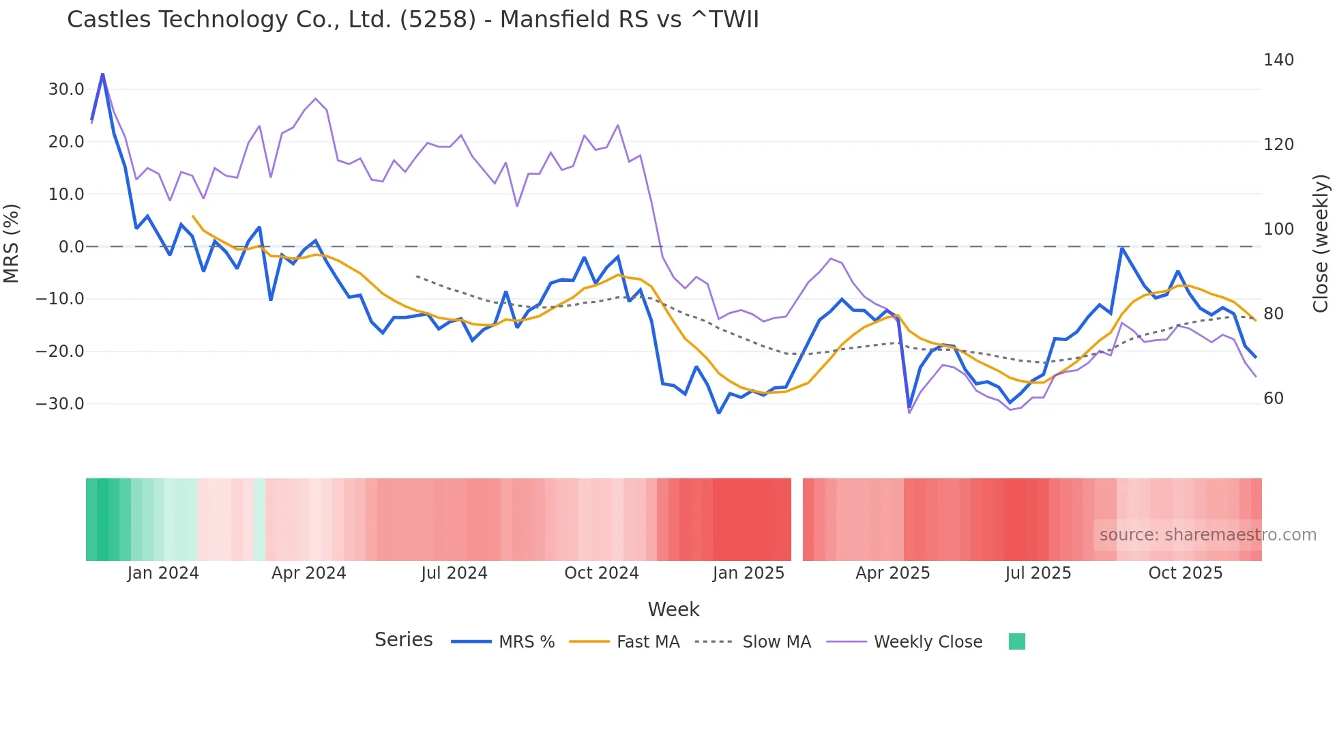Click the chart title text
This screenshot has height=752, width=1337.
[x=413, y=19]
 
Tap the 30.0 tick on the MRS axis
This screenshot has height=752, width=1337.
[x=66, y=89]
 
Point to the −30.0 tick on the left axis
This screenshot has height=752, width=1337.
[x=60, y=404]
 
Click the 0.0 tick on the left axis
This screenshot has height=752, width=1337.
[x=71, y=247]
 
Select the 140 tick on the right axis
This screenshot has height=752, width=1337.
[x=1278, y=60]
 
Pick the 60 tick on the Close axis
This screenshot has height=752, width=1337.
[x=1274, y=399]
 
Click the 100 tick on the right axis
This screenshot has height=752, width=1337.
[x=1278, y=229]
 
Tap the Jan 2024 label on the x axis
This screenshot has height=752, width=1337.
[x=163, y=573]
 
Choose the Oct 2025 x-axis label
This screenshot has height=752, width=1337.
[x=1185, y=573]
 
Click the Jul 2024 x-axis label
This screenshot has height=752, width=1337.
[x=454, y=573]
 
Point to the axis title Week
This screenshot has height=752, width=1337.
[x=673, y=609]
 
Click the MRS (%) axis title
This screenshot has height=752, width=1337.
[x=12, y=243]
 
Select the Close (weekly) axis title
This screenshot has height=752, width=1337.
[x=1321, y=243]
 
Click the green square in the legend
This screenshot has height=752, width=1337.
[x=1016, y=641]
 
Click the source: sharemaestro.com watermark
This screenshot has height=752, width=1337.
[x=1207, y=535]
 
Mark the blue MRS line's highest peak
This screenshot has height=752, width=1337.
[x=102, y=74]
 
